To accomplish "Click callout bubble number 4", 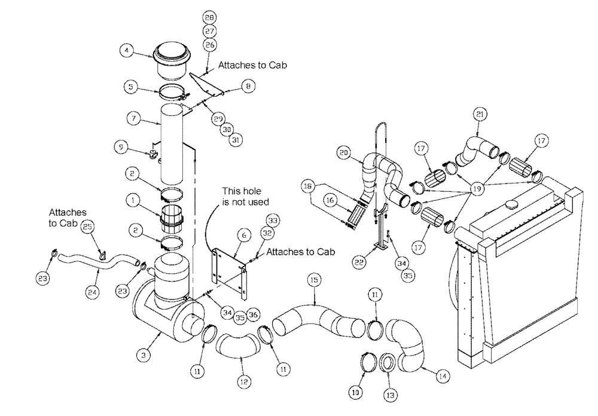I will click(x=127, y=51).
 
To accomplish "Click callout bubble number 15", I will click(x=314, y=280).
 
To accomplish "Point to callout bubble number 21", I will click(x=480, y=114).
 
